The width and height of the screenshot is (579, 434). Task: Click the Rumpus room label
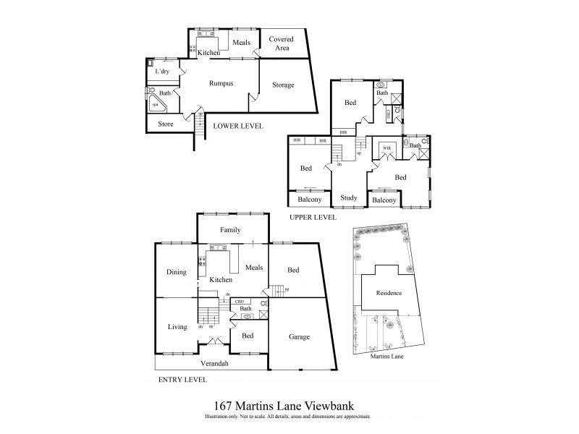pos(221,84)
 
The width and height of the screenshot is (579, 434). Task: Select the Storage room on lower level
pos(283,85)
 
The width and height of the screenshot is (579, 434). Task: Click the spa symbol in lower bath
pos(155,105)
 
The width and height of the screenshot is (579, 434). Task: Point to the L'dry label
pos(162,72)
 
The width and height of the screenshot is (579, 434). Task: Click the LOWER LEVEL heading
pos(237,126)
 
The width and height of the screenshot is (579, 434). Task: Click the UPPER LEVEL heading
pos(313,216)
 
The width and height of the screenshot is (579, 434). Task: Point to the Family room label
pos(230,230)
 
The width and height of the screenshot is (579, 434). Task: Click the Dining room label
pos(176,272)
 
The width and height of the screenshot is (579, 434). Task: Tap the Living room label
pos(177,327)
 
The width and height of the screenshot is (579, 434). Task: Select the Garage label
pos(300,337)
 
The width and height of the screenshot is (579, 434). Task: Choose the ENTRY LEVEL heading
pos(182,379)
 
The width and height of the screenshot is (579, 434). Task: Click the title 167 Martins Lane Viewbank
pos(287,408)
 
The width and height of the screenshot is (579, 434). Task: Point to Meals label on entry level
pos(253,268)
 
